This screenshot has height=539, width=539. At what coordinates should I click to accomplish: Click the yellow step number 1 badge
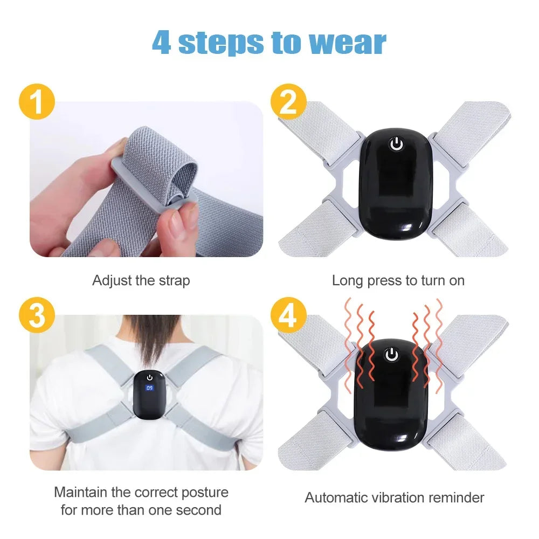pos(37,102)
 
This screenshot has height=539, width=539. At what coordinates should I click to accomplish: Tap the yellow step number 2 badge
pos(288,102)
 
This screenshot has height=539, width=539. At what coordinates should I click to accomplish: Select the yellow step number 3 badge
pos(37,316)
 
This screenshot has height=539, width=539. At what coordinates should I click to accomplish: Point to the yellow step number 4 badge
pos(288,316)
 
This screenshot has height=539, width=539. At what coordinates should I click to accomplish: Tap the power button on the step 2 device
pos(396,144)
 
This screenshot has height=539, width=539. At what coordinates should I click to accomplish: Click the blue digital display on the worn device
pos(149,388)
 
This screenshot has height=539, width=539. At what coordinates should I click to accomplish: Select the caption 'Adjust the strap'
pos(141,281)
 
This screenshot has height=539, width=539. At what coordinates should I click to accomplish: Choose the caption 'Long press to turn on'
pos(398,281)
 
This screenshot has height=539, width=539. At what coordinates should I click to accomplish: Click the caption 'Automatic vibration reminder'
pos(395,497)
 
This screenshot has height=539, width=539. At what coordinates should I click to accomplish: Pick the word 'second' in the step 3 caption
pos(197,510)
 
